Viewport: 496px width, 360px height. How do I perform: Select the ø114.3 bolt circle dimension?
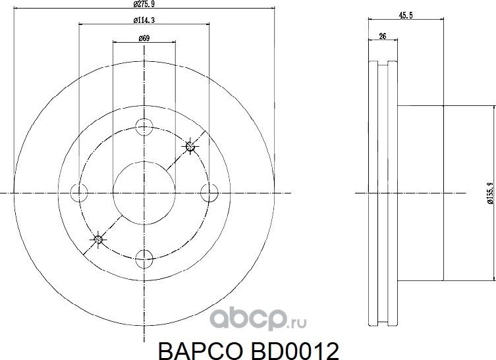[x=144, y=21]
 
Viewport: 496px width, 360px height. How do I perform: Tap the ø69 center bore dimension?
[x=144, y=38]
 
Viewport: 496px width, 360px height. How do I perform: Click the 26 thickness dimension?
[x=383, y=38]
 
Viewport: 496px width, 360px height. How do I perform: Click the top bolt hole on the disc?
[x=144, y=128]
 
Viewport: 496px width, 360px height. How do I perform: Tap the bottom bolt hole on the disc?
[x=144, y=257]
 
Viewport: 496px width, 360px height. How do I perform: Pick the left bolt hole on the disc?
[x=79, y=192]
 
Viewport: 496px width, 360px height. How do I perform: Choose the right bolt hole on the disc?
[x=209, y=192]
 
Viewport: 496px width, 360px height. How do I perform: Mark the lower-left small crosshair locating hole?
[x=98, y=239]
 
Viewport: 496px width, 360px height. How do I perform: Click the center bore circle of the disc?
[x=144, y=192]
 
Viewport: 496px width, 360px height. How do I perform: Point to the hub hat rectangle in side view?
[x=421, y=192]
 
